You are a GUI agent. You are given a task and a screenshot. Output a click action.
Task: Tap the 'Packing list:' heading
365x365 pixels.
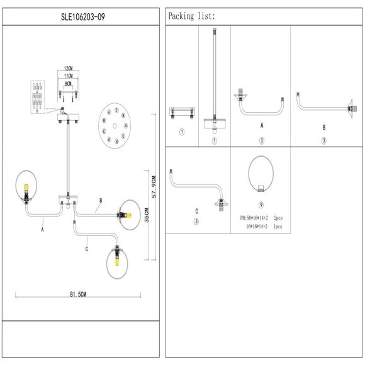[x=192, y=16]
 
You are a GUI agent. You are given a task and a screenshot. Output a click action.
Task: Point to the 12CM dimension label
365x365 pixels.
[x=69, y=67]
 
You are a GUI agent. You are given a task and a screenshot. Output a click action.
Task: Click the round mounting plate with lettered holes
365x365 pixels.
[x=115, y=125]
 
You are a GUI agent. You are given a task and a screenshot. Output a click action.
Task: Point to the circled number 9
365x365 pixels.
[x=261, y=205]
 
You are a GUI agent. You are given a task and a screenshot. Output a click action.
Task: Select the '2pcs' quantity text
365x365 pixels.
[x=279, y=218]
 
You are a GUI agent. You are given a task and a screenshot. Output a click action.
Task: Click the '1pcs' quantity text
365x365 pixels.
[x=279, y=225]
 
